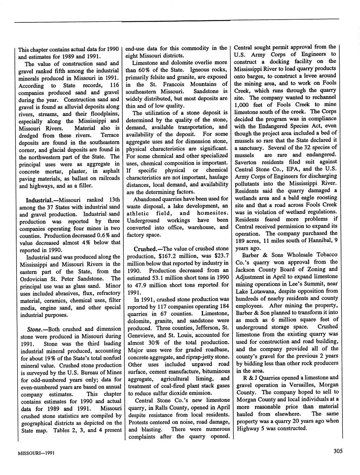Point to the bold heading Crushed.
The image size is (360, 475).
144,249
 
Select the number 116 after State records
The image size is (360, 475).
113,85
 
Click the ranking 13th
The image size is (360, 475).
113,200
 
